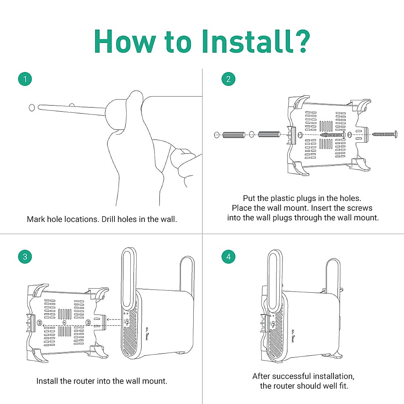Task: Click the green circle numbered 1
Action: (x=25, y=79)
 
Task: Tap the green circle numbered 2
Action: (x=228, y=79)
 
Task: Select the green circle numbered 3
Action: (x=25, y=257)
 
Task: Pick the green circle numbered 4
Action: (x=228, y=257)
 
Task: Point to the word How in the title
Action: (x=125, y=41)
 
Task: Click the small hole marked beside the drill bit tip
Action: (x=32, y=108)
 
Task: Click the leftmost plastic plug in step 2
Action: (x=234, y=135)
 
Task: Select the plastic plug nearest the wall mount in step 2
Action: (x=269, y=135)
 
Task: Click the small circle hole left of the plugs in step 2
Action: (x=217, y=135)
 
